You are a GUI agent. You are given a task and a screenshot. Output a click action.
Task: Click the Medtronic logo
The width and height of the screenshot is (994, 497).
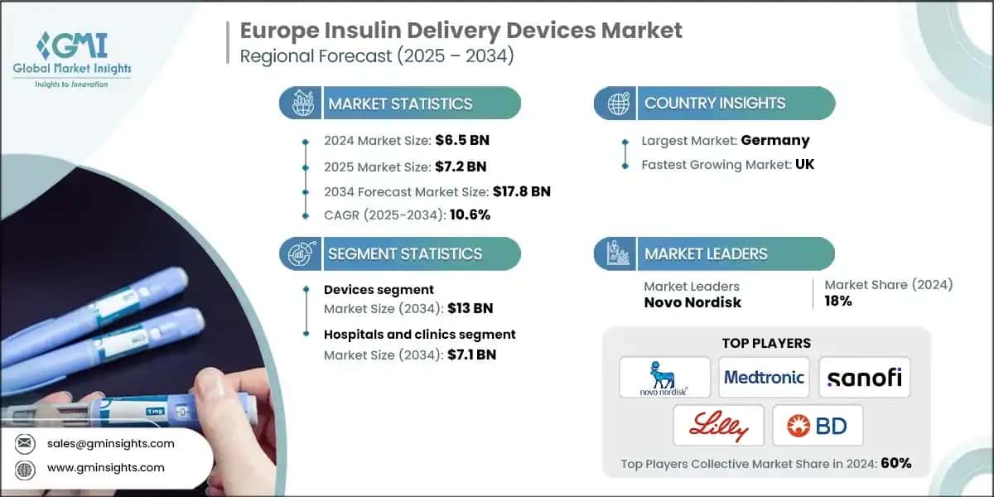764,378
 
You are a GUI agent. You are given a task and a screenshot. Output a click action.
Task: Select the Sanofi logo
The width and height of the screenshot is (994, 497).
864,378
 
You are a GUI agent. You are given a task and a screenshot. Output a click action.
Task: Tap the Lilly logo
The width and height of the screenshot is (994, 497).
717,426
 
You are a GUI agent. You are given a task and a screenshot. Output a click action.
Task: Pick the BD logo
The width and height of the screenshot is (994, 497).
818,426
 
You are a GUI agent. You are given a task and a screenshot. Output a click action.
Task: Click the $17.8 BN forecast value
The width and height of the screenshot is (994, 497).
521,191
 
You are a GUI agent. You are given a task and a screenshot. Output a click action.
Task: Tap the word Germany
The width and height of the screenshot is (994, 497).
776,140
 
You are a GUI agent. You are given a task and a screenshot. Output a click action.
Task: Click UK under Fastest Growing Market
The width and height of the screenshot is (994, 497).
803,164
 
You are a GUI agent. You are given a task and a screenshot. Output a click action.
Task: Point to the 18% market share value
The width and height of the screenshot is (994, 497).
838,301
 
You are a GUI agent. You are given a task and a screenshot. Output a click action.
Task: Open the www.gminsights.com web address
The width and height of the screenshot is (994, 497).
106,467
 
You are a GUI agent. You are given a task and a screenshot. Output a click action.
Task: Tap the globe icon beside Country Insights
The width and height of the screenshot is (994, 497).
617,104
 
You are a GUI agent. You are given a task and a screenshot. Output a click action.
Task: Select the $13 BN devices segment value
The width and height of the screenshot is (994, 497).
470,308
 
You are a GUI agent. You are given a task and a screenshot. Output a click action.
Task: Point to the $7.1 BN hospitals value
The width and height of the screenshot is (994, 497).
472,355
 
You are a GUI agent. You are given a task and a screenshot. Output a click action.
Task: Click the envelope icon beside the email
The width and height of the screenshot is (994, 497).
26,443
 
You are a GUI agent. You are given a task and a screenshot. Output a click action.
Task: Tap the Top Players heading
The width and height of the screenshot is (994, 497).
766,343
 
